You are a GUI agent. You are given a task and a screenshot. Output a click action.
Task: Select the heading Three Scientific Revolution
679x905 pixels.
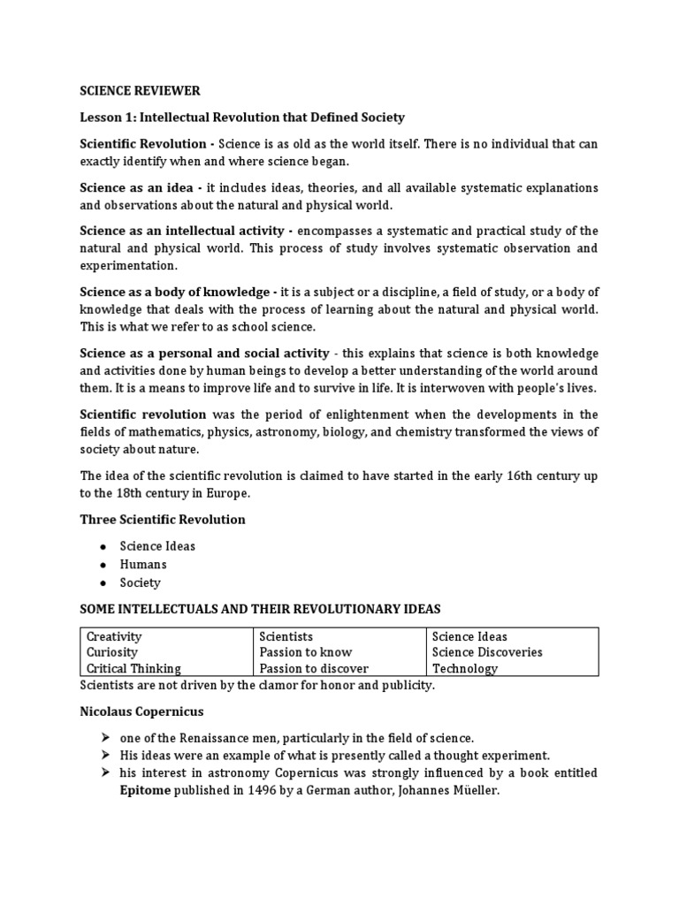[163, 520]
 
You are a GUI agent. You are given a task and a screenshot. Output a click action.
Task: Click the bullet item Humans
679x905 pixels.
[144, 564]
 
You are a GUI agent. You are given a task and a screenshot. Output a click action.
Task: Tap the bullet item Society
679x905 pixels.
[142, 582]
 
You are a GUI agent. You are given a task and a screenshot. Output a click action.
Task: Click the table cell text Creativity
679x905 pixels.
[114, 636]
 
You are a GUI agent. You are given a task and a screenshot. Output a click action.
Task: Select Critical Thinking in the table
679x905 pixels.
[134, 668]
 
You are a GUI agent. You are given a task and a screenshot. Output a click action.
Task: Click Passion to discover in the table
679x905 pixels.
[313, 668]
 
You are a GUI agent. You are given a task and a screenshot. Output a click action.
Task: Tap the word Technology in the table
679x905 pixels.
[465, 668]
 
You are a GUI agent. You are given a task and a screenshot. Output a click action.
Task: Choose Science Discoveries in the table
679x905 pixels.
[487, 652]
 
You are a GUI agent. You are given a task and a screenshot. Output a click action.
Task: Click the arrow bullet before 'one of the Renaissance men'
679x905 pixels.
[104, 737]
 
